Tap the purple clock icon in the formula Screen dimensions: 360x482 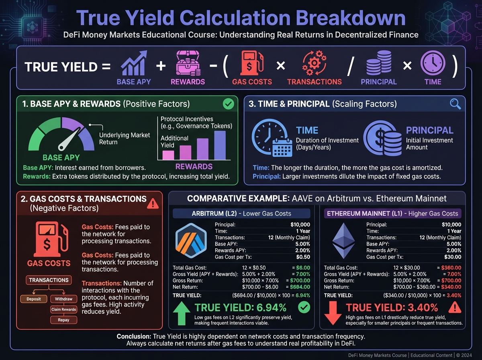433,65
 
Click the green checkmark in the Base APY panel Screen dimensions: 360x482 228,104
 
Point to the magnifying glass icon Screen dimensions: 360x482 455,104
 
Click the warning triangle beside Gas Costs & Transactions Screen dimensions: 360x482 153,203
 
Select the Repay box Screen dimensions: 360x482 63,320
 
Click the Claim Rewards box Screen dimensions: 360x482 63,309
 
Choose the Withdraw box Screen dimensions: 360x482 63,299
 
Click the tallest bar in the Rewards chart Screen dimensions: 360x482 220,145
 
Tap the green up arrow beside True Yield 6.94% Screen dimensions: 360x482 182,314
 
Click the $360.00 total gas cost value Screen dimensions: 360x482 451,268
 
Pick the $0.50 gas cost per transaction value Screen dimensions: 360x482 303,257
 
